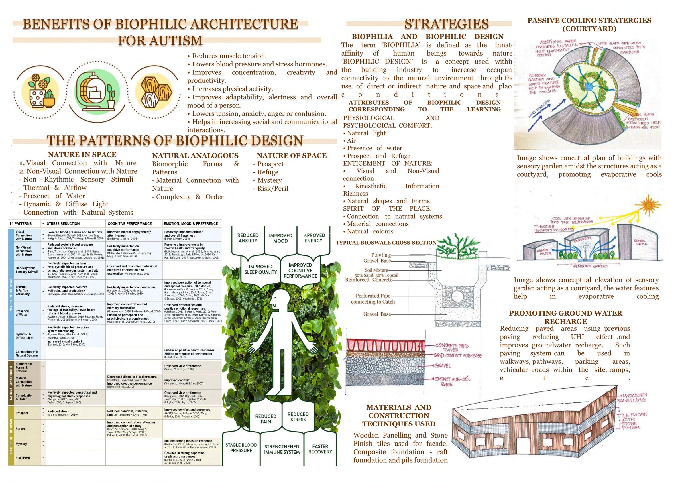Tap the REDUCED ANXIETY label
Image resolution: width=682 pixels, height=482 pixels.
pyautogui.click(x=248, y=238)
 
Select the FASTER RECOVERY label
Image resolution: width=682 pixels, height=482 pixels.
pyautogui.click(x=320, y=449)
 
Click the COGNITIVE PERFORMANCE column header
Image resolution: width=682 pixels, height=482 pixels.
pyautogui.click(x=129, y=224)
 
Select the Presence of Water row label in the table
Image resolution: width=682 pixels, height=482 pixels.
pyautogui.click(x=22, y=313)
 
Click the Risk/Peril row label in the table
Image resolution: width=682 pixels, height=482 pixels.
pyautogui.click(x=23, y=458)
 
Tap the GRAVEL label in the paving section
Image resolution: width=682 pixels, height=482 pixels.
pyautogui.click(x=442, y=366)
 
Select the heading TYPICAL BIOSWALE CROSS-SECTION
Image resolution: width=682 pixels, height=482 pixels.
pyautogui.click(x=386, y=243)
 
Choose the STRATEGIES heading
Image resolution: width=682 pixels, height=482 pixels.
pyautogui.click(x=446, y=24)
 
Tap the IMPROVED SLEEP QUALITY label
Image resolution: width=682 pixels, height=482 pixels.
pyautogui.click(x=260, y=269)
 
